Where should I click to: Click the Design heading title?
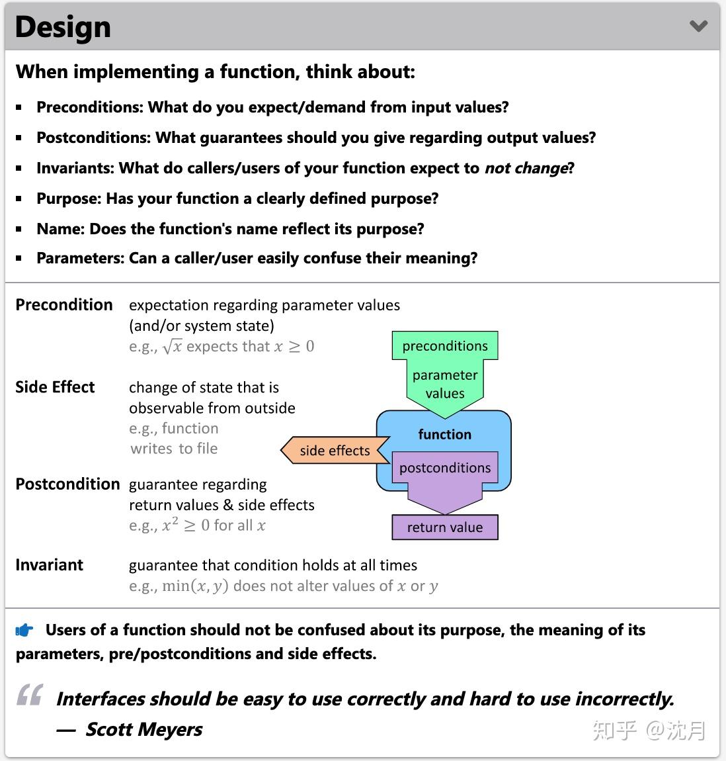[x=63, y=27]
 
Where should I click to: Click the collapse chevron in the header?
[x=698, y=26]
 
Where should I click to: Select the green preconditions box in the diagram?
[x=444, y=345]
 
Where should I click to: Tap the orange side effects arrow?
[x=334, y=451]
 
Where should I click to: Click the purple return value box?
[x=444, y=527]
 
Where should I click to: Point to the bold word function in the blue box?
[x=444, y=434]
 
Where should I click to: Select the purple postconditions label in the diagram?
[x=444, y=468]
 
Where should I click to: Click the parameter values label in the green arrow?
[x=444, y=384]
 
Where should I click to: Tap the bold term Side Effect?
[x=55, y=387]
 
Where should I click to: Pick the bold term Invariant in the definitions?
[x=49, y=564]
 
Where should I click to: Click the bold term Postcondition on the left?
[x=67, y=484]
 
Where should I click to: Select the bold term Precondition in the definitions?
[x=64, y=304]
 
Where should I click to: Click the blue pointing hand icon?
[x=24, y=631]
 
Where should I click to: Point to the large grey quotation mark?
[x=30, y=695]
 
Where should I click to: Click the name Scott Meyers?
[x=143, y=729]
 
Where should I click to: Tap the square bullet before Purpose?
[x=19, y=199]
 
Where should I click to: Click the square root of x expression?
[x=172, y=346]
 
